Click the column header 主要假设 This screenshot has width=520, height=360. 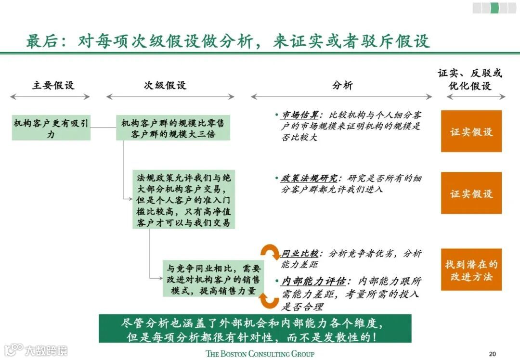(x=53, y=86)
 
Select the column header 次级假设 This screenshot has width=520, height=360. (x=165, y=86)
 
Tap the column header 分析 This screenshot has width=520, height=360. (x=342, y=86)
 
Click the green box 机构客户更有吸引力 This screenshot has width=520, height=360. (x=51, y=129)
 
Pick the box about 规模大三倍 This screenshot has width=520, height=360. (x=173, y=129)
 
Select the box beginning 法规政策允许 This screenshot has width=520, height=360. (x=183, y=199)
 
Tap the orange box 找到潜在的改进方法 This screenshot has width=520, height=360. (x=471, y=270)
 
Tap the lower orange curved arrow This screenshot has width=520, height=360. (x=269, y=299)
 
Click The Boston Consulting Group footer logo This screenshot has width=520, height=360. (x=260, y=354)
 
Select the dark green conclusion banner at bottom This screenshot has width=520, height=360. (x=255, y=329)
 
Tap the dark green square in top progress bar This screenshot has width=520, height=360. (x=494, y=8)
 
